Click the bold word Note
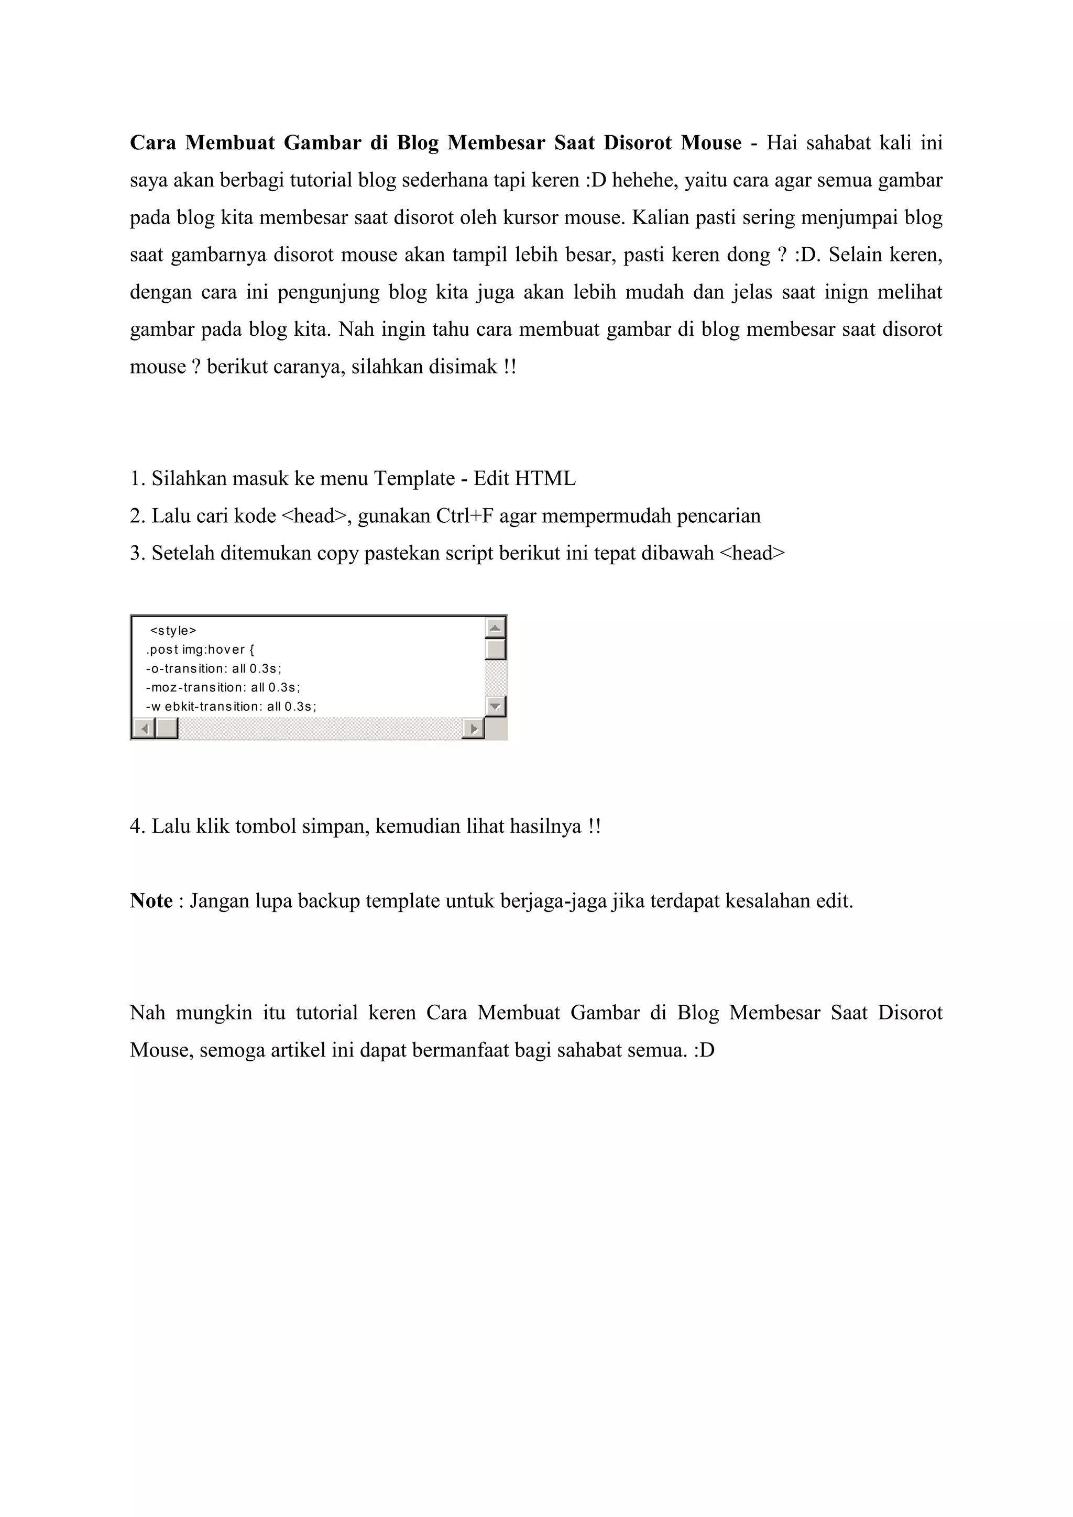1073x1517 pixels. [x=151, y=901]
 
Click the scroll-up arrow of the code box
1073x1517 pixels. [x=495, y=627]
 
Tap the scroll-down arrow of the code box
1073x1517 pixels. [x=495, y=706]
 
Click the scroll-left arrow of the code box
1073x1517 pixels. [x=144, y=729]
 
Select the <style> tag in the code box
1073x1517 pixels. [x=173, y=630]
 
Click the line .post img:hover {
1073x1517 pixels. [x=200, y=650]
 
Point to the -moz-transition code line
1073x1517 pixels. [x=223, y=687]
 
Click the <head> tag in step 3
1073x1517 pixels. [x=752, y=553]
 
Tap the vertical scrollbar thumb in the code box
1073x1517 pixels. [x=495, y=649]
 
